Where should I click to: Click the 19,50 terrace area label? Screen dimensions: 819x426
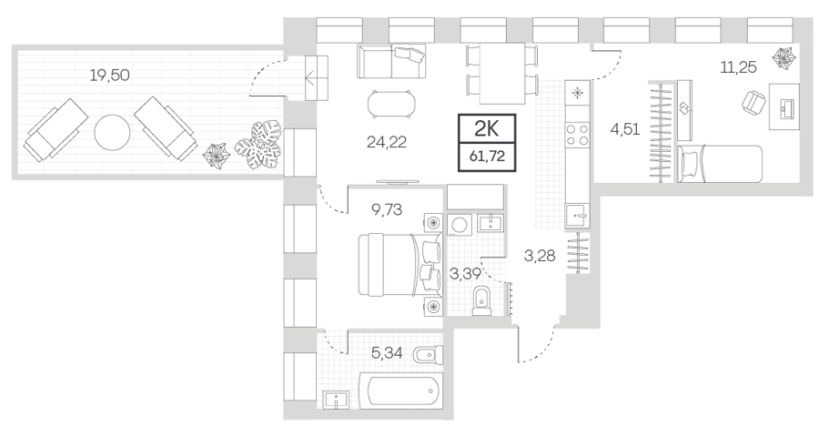tap(110, 76)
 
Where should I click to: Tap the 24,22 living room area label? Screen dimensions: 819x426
tap(387, 142)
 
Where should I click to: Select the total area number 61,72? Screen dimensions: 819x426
tap(488, 156)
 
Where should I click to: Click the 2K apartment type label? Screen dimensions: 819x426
tap(487, 128)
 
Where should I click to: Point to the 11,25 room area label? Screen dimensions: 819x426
tap(739, 67)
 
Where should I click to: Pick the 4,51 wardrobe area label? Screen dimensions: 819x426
tap(625, 128)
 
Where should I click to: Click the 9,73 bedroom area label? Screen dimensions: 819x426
tap(387, 209)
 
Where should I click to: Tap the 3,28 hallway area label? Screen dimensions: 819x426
tap(540, 256)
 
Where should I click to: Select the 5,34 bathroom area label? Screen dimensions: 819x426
tap(387, 354)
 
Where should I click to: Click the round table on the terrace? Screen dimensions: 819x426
tap(112, 132)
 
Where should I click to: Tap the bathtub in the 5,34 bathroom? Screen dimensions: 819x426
tap(405, 390)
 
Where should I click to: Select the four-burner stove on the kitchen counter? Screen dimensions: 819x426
tap(577, 135)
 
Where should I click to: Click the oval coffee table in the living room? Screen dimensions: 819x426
tap(392, 104)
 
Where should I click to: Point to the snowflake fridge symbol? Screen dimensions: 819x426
tap(577, 94)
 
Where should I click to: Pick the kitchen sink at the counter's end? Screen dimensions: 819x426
tap(578, 215)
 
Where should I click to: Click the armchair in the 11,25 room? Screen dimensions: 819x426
tap(753, 102)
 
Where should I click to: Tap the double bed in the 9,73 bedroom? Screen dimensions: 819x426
tap(400, 265)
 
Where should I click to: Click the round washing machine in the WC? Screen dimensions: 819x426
tap(460, 225)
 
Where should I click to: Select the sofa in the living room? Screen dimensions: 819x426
tap(391, 61)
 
